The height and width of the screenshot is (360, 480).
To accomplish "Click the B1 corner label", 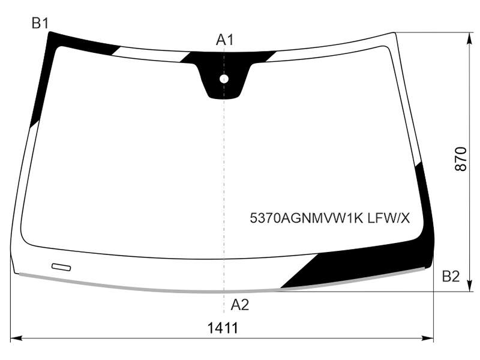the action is pos(40,23).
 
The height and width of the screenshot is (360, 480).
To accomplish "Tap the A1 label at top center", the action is pos(224,40).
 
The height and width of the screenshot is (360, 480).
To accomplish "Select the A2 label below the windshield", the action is pos(239,305).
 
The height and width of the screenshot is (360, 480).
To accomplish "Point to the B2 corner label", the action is pos(451,277).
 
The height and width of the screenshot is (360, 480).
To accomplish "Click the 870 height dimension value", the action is pos(461,159).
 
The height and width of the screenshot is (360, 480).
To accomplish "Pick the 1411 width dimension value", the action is pos(223,328).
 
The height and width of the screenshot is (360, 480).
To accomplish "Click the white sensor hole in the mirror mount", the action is pos(224,79).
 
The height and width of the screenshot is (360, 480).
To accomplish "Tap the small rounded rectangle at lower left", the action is pos(61,267).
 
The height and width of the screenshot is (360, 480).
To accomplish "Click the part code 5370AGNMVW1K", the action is pos(306,218).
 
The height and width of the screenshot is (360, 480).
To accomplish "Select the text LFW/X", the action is pos(388,218).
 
